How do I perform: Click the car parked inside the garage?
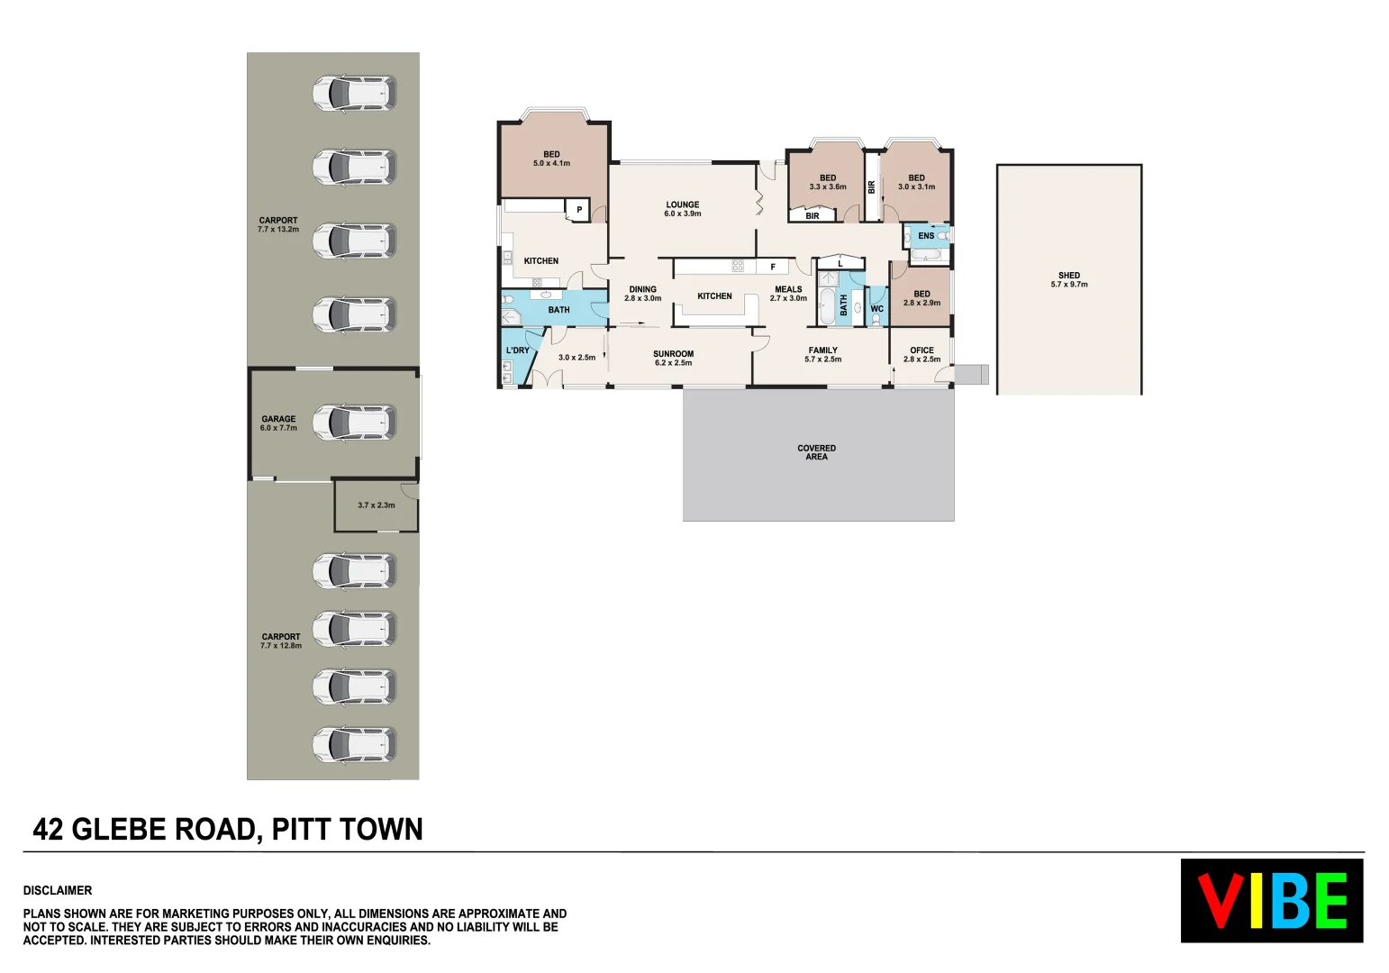(x=354, y=423)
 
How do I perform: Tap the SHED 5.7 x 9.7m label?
(x=1069, y=280)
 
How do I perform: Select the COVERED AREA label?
(x=816, y=452)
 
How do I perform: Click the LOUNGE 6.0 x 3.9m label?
(x=683, y=209)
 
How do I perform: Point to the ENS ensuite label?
(x=926, y=236)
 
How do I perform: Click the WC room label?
(x=877, y=309)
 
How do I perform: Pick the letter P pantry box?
(x=579, y=210)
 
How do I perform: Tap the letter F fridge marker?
(x=773, y=267)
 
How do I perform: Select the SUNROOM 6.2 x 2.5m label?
(x=674, y=359)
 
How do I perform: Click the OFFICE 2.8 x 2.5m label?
(x=921, y=355)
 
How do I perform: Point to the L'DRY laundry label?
(x=518, y=350)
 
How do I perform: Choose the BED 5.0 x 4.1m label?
(x=551, y=159)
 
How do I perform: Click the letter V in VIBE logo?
(x=1221, y=901)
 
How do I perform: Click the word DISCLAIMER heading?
(x=58, y=890)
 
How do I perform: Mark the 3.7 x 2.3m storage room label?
(x=377, y=505)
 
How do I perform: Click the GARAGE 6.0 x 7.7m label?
(x=278, y=423)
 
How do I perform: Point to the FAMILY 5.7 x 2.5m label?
(x=822, y=355)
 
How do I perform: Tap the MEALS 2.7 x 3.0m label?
(x=788, y=294)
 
